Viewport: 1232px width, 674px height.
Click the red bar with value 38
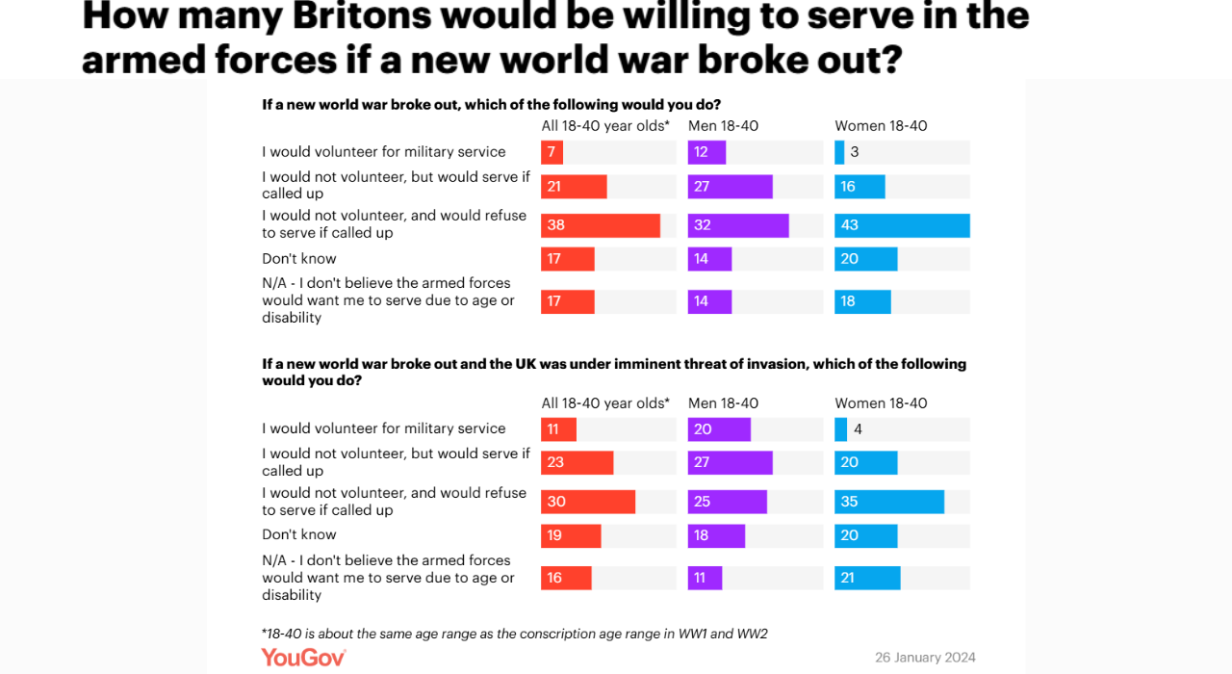click(x=600, y=225)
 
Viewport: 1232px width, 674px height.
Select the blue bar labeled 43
click(x=902, y=225)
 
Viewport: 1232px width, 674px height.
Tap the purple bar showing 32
click(x=738, y=225)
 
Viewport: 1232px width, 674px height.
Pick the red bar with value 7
click(x=552, y=152)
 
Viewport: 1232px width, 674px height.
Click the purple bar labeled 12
click(x=706, y=152)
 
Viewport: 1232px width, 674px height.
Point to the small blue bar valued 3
click(x=839, y=152)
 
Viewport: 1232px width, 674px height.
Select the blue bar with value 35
click(x=888, y=502)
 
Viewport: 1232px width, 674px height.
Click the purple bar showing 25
click(x=727, y=502)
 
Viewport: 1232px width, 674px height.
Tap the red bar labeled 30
click(x=587, y=502)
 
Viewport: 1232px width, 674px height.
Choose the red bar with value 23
click(x=577, y=462)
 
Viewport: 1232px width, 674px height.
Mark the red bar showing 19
click(x=571, y=535)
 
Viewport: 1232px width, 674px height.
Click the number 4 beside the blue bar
click(x=858, y=429)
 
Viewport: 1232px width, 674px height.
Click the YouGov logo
click(x=303, y=658)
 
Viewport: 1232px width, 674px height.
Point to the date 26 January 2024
click(x=925, y=658)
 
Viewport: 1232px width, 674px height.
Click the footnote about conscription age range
click(x=514, y=634)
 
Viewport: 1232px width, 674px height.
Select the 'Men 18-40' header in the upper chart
click(x=723, y=126)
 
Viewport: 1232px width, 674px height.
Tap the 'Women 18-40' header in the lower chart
click(x=881, y=403)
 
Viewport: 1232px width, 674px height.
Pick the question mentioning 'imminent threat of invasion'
click(x=614, y=372)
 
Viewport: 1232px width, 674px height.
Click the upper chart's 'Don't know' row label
click(x=299, y=258)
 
